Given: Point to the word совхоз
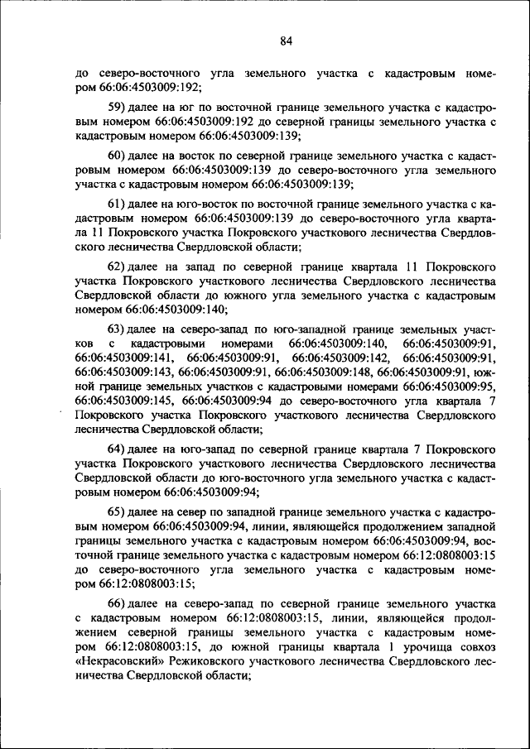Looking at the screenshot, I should pos(477,648).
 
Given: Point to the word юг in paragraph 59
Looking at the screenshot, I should pos(185,109).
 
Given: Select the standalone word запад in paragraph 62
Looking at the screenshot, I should pos(200,267).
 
